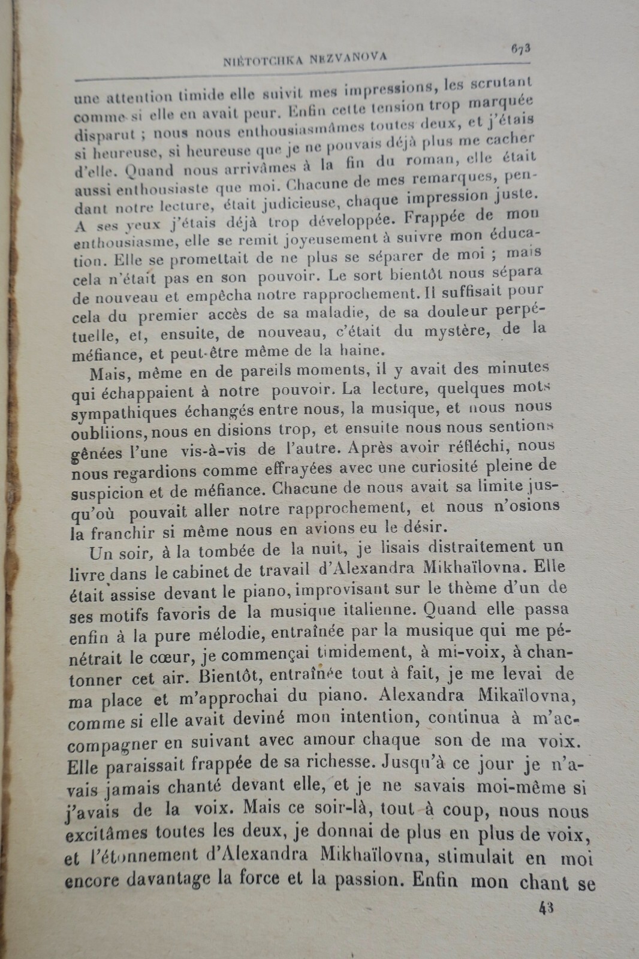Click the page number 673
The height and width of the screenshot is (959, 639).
tap(520, 50)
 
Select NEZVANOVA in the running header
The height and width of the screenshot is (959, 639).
tap(349, 58)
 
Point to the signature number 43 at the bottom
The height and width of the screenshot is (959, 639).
tap(545, 907)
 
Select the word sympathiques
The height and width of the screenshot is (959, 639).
tap(123, 414)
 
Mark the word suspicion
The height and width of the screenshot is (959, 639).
tap(107, 493)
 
